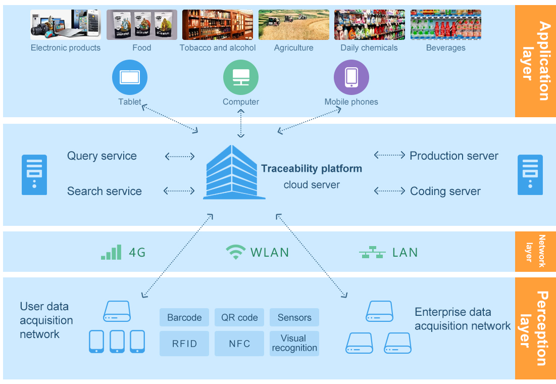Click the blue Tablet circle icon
[129, 77]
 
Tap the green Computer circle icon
[241, 77]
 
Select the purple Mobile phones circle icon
[351, 77]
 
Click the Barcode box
[184, 317]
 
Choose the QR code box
[239, 317]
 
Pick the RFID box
[184, 344]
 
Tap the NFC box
[239, 344]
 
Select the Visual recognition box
[294, 344]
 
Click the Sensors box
[294, 317]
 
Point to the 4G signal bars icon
[111, 252]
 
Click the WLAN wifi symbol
[235, 252]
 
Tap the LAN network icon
[372, 252]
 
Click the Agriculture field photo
[293, 25]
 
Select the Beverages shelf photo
[445, 25]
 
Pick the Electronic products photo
[66, 25]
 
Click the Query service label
[102, 156]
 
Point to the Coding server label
[445, 191]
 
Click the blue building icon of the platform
[233, 173]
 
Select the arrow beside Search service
[179, 191]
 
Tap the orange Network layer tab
[535, 251]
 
